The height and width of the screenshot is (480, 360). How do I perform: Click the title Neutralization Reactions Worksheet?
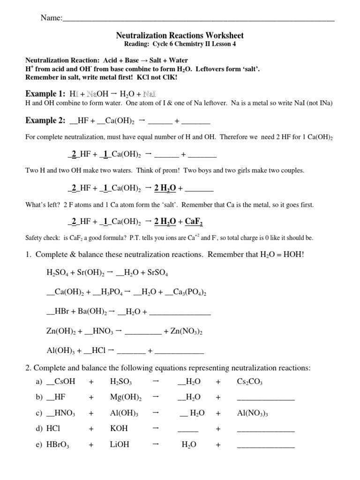(x=180, y=36)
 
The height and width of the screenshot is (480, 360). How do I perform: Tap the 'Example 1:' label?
(x=45, y=93)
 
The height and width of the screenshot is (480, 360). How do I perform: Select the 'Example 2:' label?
(x=45, y=120)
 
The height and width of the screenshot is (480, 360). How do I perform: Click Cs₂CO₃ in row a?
(x=250, y=382)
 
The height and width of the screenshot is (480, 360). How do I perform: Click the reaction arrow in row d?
(x=157, y=428)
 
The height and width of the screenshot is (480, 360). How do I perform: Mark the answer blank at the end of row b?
(x=266, y=398)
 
